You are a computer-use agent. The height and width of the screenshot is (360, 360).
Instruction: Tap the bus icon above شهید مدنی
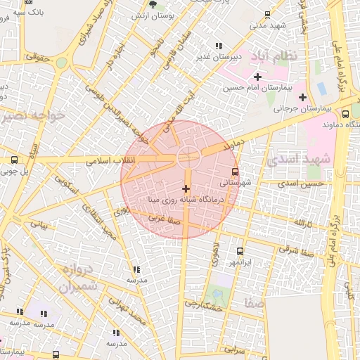click(x=267, y=15)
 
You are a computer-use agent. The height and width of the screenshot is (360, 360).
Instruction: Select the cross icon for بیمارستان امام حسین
click(x=257, y=77)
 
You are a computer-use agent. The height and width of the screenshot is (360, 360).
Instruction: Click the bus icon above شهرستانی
click(x=235, y=171)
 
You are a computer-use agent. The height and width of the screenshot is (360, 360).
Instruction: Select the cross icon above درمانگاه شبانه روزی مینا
click(x=186, y=188)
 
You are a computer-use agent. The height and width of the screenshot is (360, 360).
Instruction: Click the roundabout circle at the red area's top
click(x=187, y=156)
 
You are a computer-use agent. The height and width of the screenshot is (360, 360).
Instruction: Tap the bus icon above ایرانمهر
click(x=240, y=251)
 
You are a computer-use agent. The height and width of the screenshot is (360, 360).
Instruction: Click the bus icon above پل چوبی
click(x=15, y=160)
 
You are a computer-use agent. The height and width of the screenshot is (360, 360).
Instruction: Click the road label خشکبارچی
click(x=203, y=303)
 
